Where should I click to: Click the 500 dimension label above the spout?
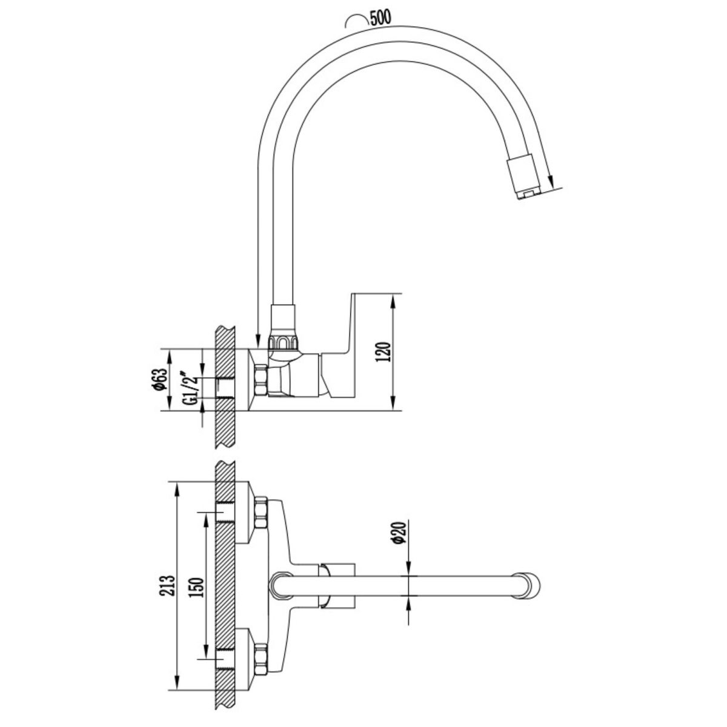[x=380, y=17]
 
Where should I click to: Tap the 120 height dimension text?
[x=382, y=351]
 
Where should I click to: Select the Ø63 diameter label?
[x=161, y=379]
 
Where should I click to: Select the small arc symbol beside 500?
[x=356, y=21]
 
